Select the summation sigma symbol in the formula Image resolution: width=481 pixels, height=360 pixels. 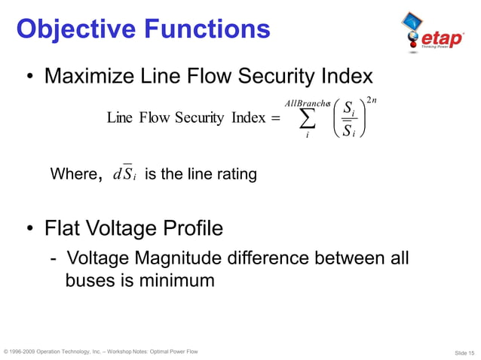(308, 118)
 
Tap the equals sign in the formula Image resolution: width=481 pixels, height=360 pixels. (274, 117)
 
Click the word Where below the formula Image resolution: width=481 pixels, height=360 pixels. (72, 175)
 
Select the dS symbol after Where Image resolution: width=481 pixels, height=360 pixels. (121, 175)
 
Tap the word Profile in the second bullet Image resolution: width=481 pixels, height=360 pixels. (189, 227)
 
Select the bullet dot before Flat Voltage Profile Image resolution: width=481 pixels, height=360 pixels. (30, 228)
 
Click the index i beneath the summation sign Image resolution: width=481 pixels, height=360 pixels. (307, 136)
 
